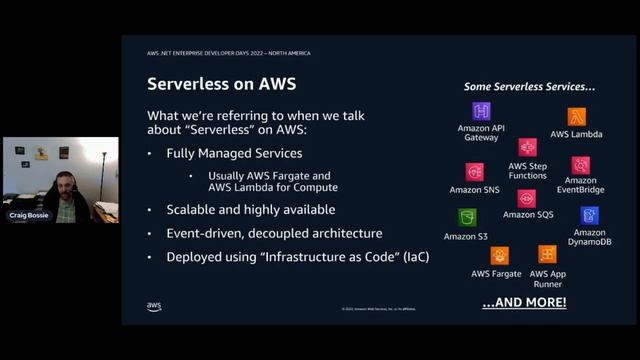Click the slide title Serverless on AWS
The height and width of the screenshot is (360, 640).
221,83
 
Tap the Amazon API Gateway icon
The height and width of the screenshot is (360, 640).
481,111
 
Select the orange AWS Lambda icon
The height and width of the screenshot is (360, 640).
576,117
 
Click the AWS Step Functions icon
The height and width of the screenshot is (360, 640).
527,147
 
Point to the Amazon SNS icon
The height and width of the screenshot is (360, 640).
474,172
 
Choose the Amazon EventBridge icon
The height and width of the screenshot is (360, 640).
580,165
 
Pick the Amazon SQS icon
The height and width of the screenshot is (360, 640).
526,198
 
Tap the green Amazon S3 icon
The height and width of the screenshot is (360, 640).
467,217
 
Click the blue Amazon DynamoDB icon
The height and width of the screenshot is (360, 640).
589,215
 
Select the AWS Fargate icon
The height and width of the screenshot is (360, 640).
499,255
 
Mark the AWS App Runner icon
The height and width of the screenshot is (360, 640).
547,254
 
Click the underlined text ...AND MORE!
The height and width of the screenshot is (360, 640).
524,302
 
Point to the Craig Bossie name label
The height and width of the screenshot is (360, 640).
28,215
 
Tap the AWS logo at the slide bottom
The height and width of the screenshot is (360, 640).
154,306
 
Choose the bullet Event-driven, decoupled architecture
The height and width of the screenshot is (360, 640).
274,233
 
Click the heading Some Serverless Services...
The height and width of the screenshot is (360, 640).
530,86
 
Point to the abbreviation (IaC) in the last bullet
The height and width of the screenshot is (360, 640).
416,257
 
